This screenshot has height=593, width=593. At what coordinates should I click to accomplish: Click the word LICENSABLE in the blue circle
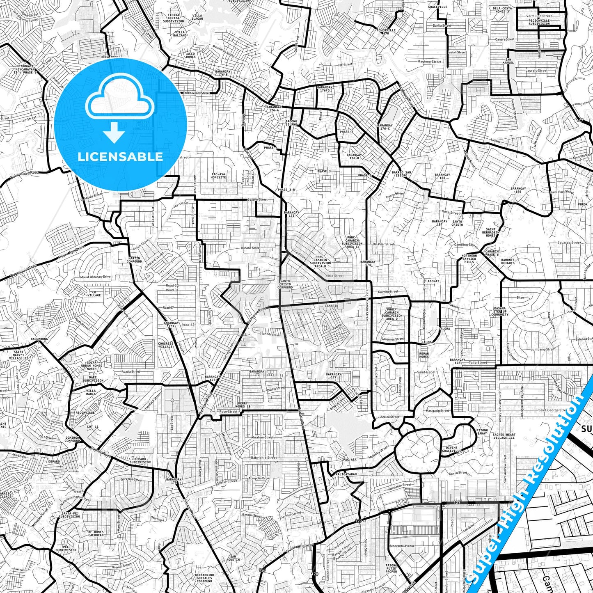120,156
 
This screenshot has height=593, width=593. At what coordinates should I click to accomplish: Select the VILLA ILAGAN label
197,17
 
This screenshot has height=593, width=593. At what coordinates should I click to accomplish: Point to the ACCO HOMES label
191,55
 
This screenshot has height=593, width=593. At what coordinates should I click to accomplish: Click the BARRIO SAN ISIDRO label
401,174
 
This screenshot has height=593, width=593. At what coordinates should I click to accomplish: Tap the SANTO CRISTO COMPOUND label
285,284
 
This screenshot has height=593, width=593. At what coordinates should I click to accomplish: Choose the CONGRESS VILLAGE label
166,345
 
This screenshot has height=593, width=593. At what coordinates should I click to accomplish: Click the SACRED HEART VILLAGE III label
504,436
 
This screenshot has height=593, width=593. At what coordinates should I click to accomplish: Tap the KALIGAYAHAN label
346,474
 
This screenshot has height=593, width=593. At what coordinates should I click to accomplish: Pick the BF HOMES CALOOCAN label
96,533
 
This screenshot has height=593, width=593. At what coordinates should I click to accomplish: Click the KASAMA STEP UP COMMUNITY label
499,311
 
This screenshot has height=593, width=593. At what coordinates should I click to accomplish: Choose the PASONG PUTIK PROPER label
391,569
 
